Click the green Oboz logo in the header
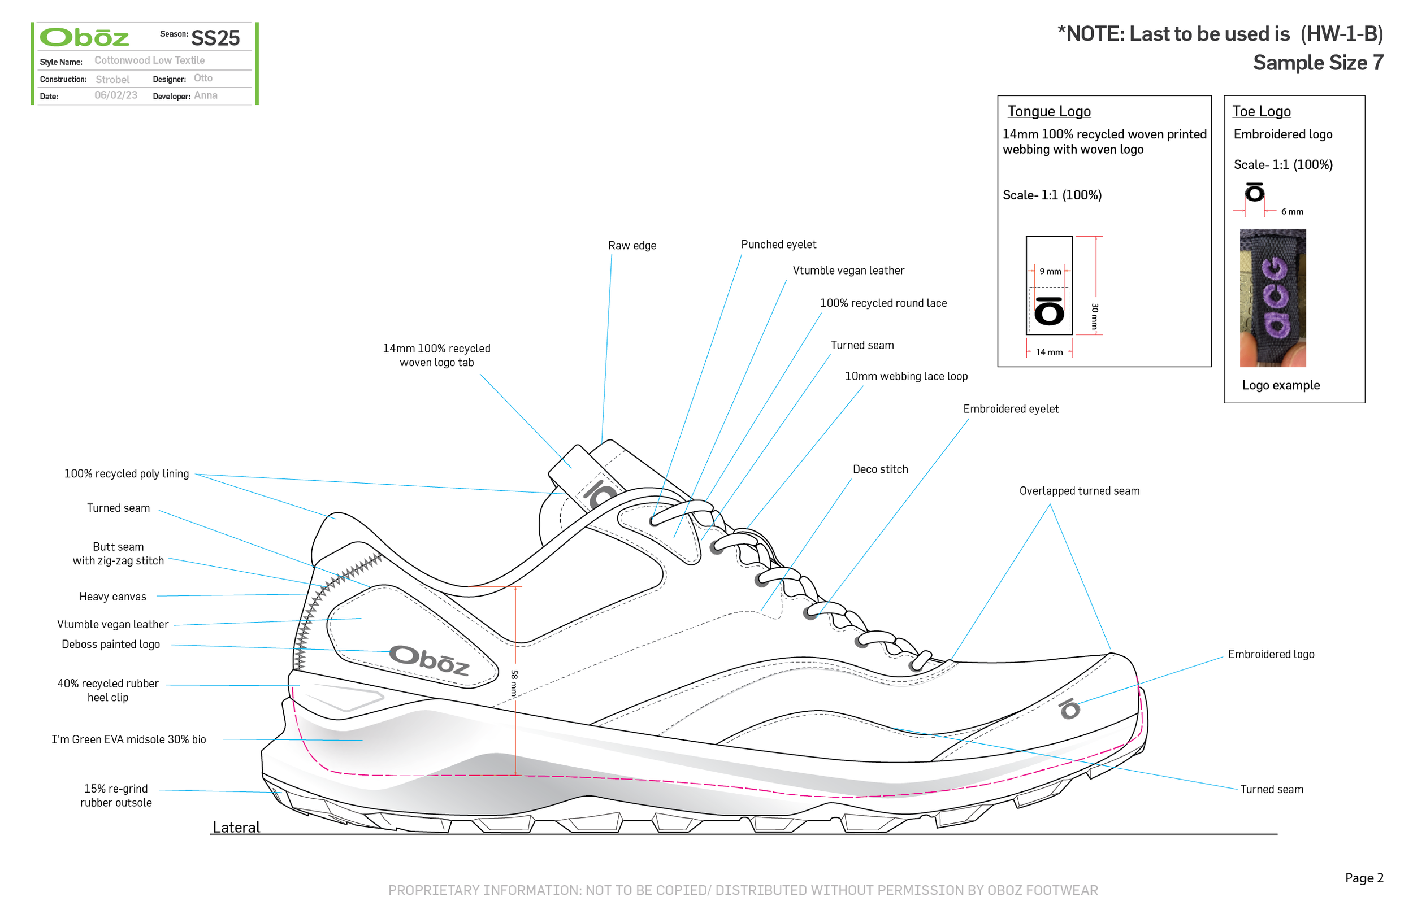(84, 38)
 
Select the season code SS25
(215, 38)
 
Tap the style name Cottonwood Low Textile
(150, 60)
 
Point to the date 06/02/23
(116, 95)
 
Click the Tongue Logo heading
(1049, 112)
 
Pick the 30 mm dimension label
(1095, 316)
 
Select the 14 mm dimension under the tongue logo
(1049, 352)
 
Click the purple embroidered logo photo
(1273, 298)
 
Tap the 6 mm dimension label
(1292, 212)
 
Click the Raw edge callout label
(632, 246)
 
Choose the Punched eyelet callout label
(778, 245)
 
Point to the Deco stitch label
(880, 469)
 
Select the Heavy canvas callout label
(113, 597)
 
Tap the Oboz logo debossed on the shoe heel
(429, 660)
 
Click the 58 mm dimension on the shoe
(514, 682)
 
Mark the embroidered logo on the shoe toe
(1070, 708)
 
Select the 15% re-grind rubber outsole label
(116, 796)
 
